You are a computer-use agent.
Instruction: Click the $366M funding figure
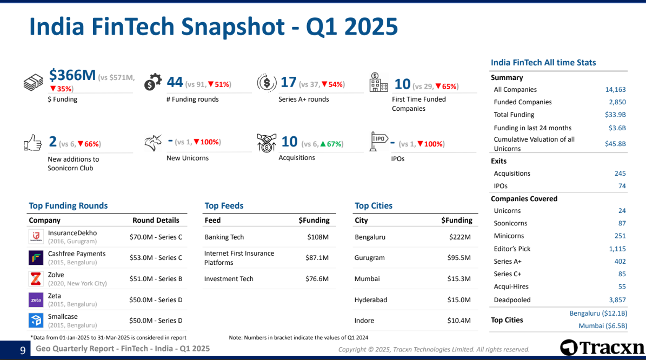72,75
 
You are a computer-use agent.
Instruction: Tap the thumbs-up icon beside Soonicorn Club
32,143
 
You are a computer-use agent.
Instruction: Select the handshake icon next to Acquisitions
266,143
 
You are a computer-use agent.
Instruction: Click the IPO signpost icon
378,141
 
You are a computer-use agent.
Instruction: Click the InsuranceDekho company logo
36,237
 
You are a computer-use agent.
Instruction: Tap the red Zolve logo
36,279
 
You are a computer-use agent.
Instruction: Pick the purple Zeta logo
36,300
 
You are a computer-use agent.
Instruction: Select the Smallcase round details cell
156,321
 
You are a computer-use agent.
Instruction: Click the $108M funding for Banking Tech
318,237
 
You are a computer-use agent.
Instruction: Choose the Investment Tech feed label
229,279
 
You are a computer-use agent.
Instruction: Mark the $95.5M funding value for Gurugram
459,258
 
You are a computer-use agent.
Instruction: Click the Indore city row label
364,321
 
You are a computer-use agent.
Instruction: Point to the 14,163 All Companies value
616,90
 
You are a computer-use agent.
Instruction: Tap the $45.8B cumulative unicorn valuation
616,144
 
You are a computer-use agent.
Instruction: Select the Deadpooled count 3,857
617,300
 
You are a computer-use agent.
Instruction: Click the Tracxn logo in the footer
602,348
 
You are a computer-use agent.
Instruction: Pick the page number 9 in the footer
23,350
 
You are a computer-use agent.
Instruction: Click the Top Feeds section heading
224,205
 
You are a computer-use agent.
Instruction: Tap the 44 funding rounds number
175,82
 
